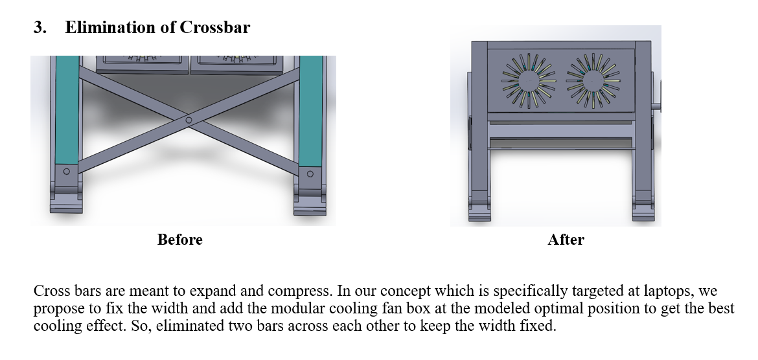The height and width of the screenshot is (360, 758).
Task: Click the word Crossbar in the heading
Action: [x=214, y=27]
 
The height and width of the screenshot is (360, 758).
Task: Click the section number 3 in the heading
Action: [x=40, y=28]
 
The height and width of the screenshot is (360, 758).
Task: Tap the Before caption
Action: [x=180, y=239]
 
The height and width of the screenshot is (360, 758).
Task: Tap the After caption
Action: [x=566, y=239]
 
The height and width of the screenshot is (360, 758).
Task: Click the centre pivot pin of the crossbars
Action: [x=189, y=120]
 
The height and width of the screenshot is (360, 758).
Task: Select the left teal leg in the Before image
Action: [x=67, y=110]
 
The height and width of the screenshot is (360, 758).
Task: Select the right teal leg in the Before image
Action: [x=311, y=111]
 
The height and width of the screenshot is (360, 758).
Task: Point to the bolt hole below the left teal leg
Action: [x=67, y=171]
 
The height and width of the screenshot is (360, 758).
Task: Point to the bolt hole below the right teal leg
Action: [x=310, y=174]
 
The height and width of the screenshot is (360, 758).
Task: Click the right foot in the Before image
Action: [x=310, y=204]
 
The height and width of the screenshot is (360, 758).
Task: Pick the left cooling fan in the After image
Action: [x=529, y=81]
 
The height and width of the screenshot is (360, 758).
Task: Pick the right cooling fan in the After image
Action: [x=593, y=81]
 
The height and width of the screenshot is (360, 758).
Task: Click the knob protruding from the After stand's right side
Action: [x=657, y=106]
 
